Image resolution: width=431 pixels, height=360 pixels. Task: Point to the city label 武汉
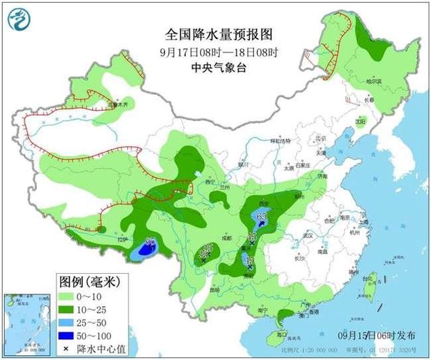308,235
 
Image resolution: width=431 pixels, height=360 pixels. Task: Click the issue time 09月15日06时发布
374,334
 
